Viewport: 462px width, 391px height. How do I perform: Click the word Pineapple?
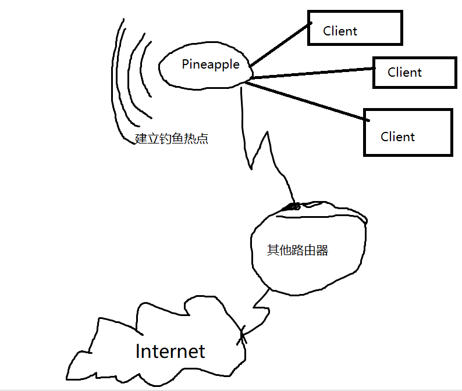coord(210,64)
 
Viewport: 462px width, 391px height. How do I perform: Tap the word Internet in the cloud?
coord(170,351)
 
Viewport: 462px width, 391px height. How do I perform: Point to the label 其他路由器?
coord(297,250)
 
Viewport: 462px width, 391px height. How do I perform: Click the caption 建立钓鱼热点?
coord(171,139)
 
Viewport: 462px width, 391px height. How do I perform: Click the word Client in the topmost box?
coord(340,31)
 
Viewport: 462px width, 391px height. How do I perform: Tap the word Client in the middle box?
coord(404,73)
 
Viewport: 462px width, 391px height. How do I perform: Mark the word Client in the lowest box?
coord(397,137)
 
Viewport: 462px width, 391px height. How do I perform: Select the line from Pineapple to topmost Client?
coord(279,46)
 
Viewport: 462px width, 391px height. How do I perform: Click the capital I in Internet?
coord(138,351)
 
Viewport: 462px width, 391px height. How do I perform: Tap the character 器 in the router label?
coord(322,250)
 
